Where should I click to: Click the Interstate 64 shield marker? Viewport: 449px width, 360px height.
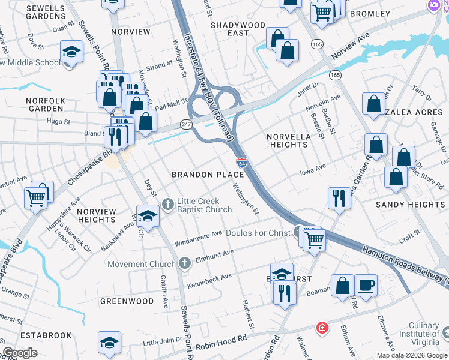click(241, 163)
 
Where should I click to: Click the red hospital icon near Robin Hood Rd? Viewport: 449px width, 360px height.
click(322, 328)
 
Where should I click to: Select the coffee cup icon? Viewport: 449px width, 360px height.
click(366, 284)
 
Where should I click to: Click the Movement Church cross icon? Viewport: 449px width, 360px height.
click(184, 262)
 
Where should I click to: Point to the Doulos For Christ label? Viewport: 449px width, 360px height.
click(258, 233)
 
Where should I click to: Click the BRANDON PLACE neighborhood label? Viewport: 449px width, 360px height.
click(208, 175)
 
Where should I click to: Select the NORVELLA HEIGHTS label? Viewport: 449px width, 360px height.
click(289, 140)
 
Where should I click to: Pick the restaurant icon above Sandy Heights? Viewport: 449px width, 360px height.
click(339, 197)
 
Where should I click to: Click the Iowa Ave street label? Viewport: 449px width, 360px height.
click(312, 168)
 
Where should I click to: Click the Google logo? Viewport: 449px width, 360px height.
click(20, 353)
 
